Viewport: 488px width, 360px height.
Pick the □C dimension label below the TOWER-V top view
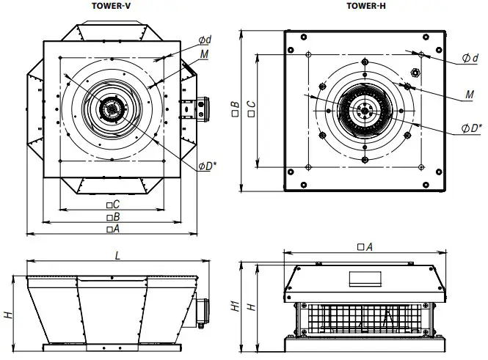(x=112, y=205)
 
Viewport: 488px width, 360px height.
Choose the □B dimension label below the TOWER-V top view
(x=112, y=217)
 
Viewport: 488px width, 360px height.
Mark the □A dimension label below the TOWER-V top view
(x=112, y=229)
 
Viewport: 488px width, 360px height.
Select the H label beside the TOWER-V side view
(x=8, y=314)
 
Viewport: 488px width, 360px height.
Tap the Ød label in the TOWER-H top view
(x=470, y=58)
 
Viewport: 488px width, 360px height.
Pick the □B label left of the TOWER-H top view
(x=234, y=110)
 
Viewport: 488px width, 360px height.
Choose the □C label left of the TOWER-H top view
(x=252, y=110)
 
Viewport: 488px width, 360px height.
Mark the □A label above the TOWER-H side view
(x=365, y=247)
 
